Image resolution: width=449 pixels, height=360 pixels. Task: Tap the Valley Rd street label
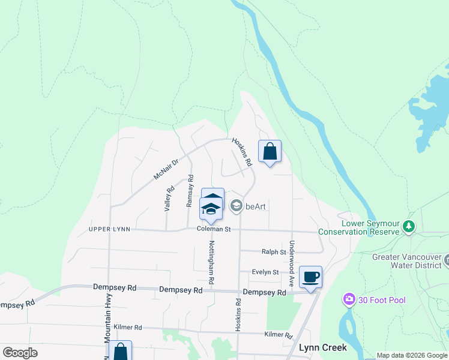[x=170, y=198]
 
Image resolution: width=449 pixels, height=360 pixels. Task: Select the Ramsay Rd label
[x=190, y=191]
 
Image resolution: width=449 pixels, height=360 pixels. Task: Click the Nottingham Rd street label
[x=211, y=262]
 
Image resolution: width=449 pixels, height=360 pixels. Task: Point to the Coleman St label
[x=213, y=229]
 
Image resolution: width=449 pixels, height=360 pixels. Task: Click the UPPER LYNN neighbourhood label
[x=109, y=229]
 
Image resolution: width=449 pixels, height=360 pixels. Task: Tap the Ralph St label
[x=274, y=252]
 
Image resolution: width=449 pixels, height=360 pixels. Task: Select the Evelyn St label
[x=265, y=272]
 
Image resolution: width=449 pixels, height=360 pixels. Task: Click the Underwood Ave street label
[x=292, y=263]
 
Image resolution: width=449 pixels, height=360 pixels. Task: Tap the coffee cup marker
[x=310, y=277]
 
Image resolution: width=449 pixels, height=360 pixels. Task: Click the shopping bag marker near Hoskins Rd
[x=270, y=151]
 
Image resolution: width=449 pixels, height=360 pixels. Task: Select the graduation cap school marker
[x=211, y=208]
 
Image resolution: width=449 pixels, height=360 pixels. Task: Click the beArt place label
[x=256, y=206]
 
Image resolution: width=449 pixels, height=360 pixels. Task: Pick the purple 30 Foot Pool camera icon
[x=349, y=299]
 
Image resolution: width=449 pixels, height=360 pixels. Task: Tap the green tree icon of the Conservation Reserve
[x=409, y=226]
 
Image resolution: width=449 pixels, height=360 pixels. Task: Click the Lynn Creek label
[x=323, y=347]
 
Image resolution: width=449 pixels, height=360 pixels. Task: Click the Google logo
[x=20, y=352]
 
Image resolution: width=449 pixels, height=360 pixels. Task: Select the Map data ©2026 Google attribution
[x=411, y=355]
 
